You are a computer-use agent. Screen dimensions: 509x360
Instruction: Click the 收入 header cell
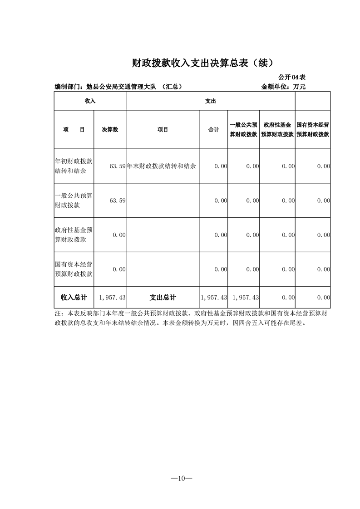90,101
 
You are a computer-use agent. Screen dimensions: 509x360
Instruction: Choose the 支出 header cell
210,101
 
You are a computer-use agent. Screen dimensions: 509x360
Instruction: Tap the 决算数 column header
110,130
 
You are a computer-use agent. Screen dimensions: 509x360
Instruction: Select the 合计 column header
214,130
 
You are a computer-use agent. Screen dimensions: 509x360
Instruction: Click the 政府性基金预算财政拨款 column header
277,130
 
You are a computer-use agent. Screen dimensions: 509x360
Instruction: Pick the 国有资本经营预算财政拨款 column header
313,130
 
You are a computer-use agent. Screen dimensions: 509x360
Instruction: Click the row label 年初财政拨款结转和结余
74,166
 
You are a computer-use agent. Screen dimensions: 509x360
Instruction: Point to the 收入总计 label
74,298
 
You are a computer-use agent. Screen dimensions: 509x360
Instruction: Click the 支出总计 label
163,298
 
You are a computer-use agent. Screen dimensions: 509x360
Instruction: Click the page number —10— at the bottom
180,478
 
